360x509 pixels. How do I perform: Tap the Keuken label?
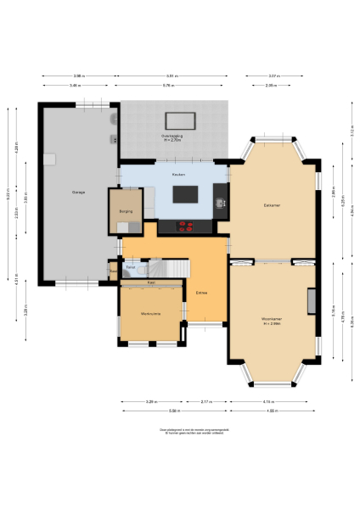[178, 175]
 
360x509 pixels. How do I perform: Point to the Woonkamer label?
[272, 321]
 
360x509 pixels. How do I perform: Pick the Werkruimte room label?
[149, 314]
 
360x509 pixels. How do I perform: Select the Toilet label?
[131, 267]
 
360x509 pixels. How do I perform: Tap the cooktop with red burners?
[186, 226]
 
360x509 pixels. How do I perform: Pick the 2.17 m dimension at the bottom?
[206, 401]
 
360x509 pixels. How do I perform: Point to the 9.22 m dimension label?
[10, 194]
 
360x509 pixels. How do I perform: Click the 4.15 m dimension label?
[267, 401]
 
